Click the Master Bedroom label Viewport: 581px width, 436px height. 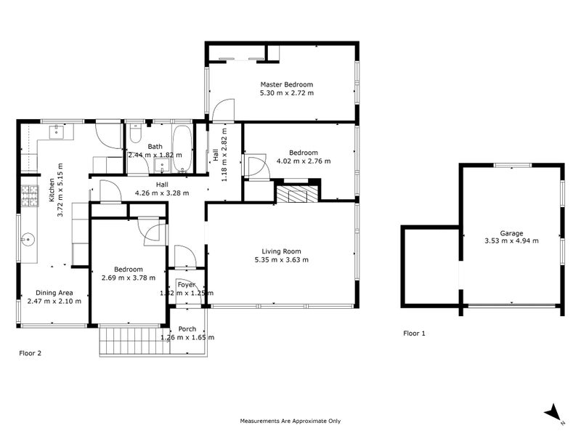(287, 84)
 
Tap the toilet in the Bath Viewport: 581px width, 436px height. (135, 135)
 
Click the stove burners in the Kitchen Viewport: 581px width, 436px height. (29, 195)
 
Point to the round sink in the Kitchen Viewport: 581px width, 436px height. (28, 238)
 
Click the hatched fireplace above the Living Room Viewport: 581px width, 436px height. (296, 194)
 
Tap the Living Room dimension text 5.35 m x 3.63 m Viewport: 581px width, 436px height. (281, 259)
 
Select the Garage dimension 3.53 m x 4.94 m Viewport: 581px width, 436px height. (511, 241)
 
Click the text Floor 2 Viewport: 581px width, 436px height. (30, 353)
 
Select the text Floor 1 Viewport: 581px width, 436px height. (415, 334)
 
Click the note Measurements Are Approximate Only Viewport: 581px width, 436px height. (290, 421)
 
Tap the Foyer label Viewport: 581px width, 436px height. (187, 285)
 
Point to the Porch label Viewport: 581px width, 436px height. (187, 328)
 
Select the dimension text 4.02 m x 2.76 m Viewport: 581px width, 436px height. (304, 161)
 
